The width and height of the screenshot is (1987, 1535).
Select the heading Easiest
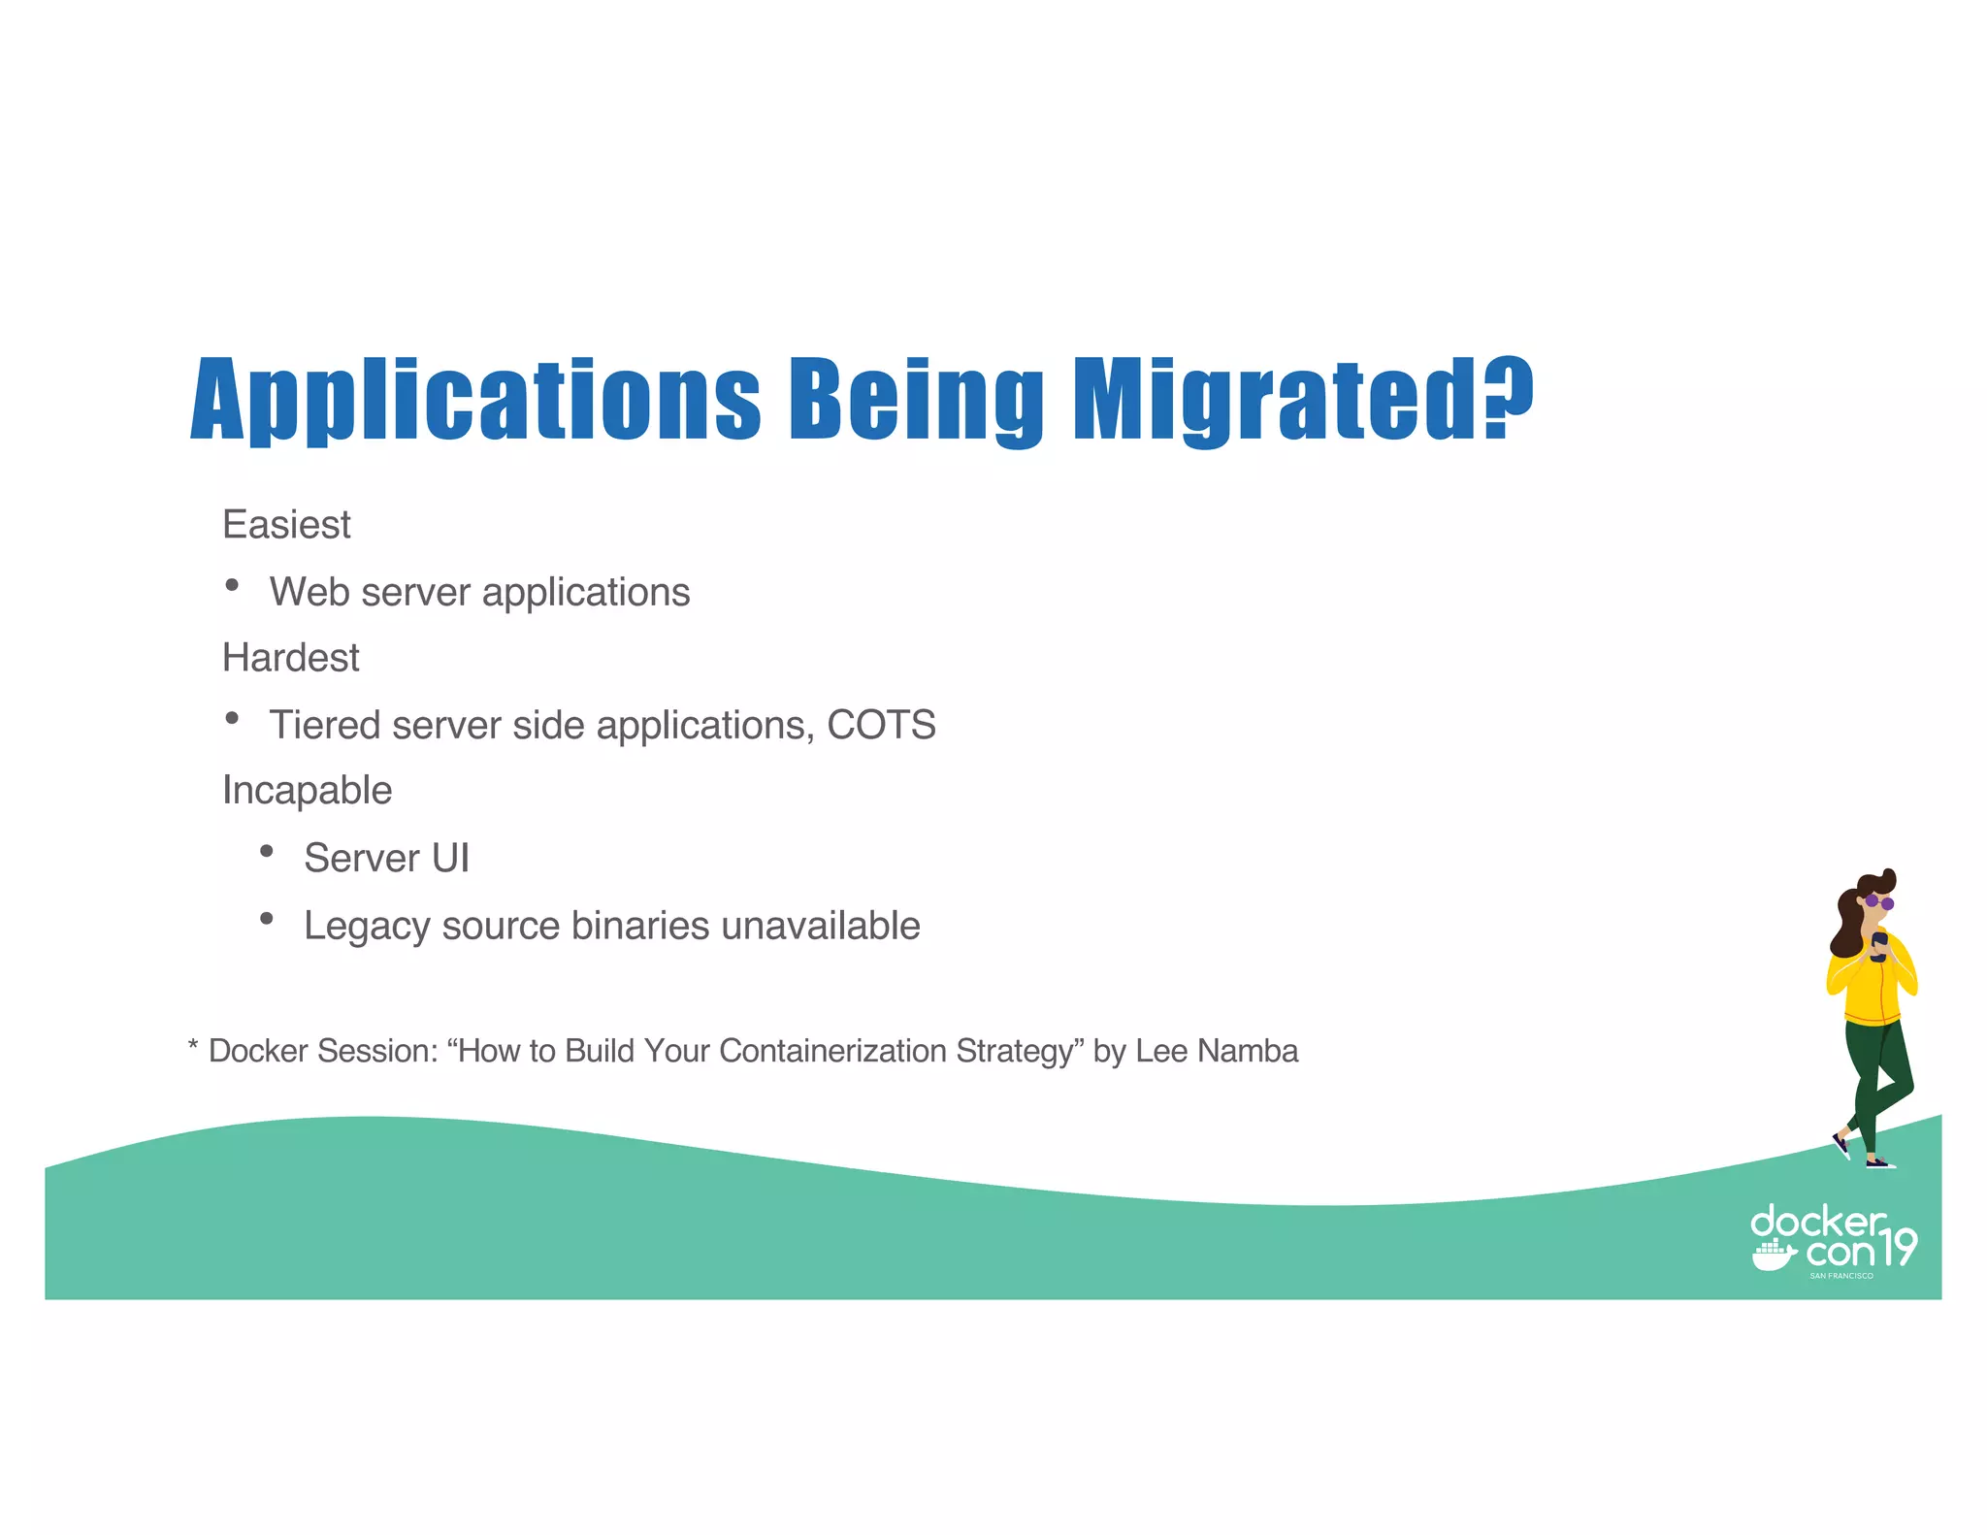pos(286,525)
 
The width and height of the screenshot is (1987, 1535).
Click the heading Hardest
pos(290,658)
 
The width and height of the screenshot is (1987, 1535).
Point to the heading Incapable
pos(307,791)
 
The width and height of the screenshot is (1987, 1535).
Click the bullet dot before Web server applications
pos(232,585)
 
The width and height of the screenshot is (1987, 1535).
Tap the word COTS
pos(881,726)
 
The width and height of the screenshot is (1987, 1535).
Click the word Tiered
pos(325,726)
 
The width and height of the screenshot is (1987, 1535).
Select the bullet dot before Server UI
pos(267,852)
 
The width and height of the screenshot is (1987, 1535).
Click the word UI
pos(450,859)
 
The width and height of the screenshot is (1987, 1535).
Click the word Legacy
pos(366,928)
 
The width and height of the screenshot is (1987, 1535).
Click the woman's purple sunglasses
pos(1879,903)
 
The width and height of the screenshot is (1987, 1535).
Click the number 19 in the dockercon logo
pos(1898,1248)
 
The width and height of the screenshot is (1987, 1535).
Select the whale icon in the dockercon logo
pos(1773,1256)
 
